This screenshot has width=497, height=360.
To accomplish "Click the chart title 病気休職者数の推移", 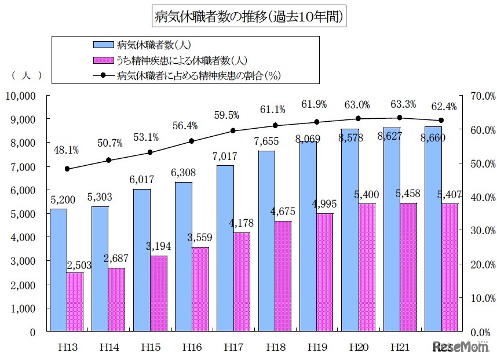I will coord(250,17).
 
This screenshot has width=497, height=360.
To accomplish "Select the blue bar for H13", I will coord(59,270).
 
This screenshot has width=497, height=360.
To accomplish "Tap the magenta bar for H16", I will coord(200,289).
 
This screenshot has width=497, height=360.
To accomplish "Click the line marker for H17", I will coord(233,130).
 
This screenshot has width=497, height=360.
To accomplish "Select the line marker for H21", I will coord(400,118).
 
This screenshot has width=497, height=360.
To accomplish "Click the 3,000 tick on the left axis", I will coord(23,261).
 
